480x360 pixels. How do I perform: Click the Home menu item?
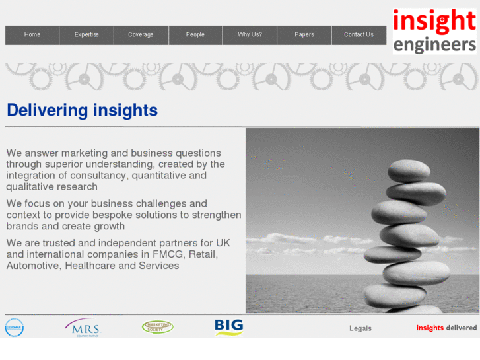(32, 35)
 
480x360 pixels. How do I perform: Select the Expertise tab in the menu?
(86, 35)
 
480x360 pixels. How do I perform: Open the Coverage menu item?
(141, 35)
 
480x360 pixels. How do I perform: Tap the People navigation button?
(195, 35)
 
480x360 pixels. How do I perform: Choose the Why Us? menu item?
(250, 35)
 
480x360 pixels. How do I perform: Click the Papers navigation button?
(304, 35)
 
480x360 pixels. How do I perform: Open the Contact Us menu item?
(359, 35)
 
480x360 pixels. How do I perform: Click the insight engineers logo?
(434, 31)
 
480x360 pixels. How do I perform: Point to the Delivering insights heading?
(83, 110)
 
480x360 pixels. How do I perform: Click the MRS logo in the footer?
(83, 327)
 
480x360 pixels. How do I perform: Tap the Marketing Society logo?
(158, 327)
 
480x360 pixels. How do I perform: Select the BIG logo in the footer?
(228, 327)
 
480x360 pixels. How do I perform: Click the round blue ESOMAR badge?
(14, 328)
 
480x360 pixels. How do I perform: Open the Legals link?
(360, 328)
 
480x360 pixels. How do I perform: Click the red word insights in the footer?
(430, 328)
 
